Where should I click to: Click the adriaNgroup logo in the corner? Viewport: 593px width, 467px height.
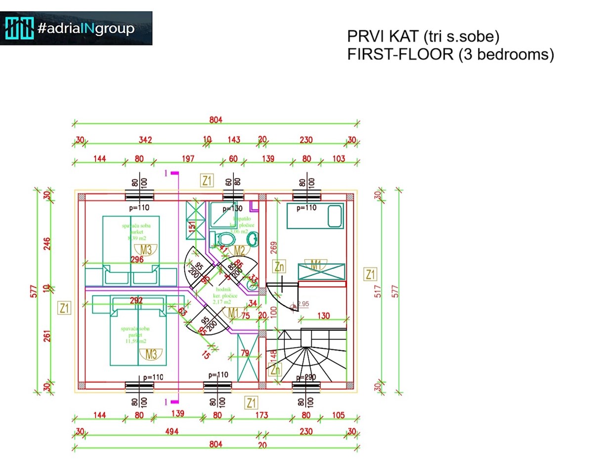click(76, 28)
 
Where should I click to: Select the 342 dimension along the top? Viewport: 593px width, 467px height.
click(144, 140)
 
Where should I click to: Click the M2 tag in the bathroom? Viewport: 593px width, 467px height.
click(239, 251)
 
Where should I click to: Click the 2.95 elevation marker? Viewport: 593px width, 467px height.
click(303, 304)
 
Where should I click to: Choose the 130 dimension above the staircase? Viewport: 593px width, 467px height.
click(323, 315)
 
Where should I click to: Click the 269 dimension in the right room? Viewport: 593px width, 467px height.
click(273, 246)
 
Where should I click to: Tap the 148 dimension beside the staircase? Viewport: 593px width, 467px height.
click(273, 357)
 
